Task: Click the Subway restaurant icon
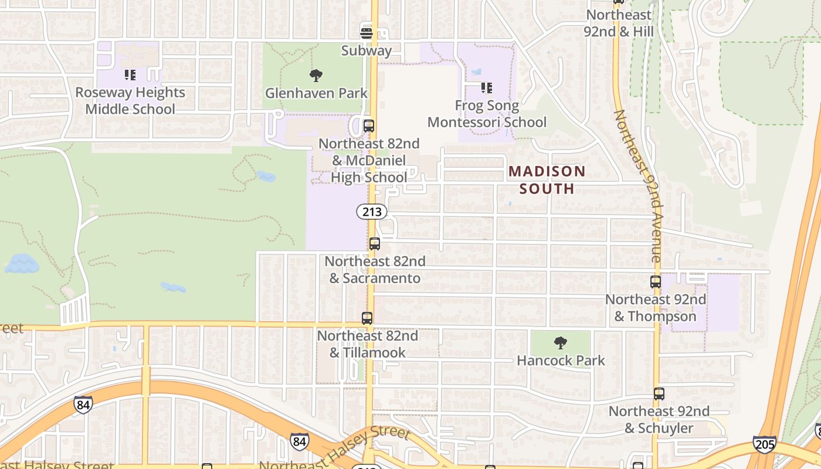(x=367, y=33)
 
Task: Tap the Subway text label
(x=367, y=50)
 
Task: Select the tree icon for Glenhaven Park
(x=316, y=76)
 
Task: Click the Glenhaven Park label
(x=316, y=93)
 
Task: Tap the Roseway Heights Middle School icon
(x=130, y=75)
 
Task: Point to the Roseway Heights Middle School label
(x=130, y=101)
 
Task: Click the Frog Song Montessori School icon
(x=487, y=88)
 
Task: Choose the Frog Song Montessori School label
(x=487, y=114)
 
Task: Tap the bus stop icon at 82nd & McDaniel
(x=369, y=126)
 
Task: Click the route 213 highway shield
(x=372, y=212)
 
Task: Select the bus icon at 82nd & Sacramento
(x=375, y=244)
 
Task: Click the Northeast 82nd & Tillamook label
(x=368, y=344)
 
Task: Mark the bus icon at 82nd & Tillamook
(x=367, y=318)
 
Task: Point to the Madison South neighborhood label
(x=547, y=180)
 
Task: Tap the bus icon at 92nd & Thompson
(x=656, y=282)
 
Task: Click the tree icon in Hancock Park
(x=561, y=343)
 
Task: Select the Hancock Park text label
(x=561, y=360)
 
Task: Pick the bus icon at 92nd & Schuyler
(x=659, y=394)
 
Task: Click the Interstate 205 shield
(x=764, y=444)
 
